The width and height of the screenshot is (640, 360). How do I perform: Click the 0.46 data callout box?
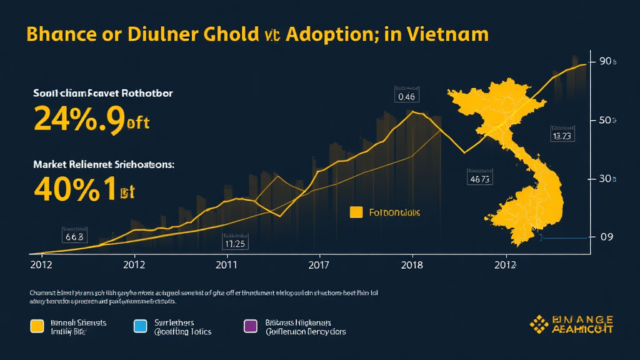click(406, 97)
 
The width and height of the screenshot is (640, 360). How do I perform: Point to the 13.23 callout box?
click(562, 135)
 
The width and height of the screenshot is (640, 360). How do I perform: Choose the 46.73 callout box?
click(480, 179)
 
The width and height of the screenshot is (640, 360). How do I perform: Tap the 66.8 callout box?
click(73, 237)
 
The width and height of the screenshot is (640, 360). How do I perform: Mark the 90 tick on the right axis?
click(607, 62)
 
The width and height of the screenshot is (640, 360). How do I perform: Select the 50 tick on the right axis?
click(607, 120)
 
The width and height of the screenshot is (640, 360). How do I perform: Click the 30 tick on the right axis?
click(607, 179)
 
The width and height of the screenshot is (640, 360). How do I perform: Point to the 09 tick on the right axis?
click(607, 237)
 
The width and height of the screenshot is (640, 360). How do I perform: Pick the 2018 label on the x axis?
click(412, 264)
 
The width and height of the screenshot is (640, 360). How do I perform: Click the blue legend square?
click(141, 326)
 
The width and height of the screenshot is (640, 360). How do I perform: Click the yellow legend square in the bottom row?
click(37, 326)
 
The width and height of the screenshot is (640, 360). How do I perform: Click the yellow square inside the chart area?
click(356, 212)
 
